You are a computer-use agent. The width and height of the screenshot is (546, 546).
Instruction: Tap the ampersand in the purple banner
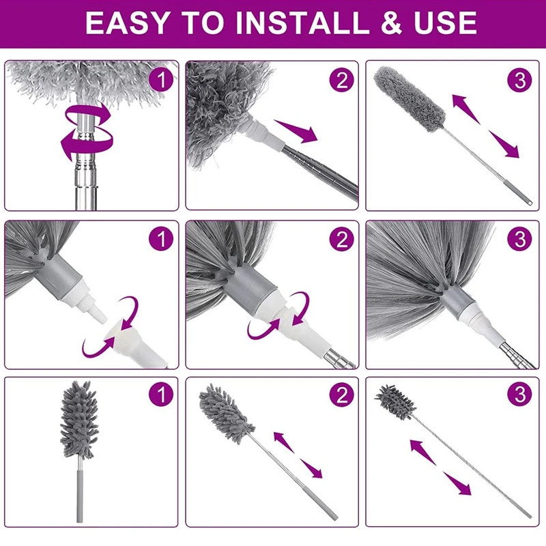pyautogui.click(x=391, y=23)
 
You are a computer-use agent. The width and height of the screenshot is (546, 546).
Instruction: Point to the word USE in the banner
pyautogui.click(x=445, y=23)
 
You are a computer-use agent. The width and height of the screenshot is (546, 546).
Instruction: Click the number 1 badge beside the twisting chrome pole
pyautogui.click(x=161, y=80)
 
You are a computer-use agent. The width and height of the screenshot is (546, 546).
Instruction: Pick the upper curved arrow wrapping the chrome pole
pyautogui.click(x=88, y=114)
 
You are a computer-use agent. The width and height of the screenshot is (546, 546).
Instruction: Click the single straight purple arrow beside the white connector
pyautogui.click(x=296, y=130)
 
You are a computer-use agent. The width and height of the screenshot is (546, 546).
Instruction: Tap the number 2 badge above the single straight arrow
pyautogui.click(x=342, y=80)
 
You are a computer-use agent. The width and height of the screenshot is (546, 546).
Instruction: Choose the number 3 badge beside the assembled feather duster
pyautogui.click(x=519, y=239)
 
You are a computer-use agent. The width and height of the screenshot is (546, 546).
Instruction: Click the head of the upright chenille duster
pyautogui.click(x=79, y=420)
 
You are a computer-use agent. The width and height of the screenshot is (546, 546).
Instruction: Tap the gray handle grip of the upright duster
pyautogui.click(x=80, y=496)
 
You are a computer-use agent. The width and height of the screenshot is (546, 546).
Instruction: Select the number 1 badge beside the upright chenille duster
pyautogui.click(x=161, y=394)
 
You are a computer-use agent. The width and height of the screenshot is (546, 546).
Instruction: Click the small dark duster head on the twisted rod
pyautogui.click(x=395, y=402)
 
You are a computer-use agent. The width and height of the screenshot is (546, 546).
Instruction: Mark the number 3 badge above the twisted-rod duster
pyautogui.click(x=519, y=394)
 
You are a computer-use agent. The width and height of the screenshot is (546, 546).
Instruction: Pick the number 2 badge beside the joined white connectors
pyautogui.click(x=342, y=239)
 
